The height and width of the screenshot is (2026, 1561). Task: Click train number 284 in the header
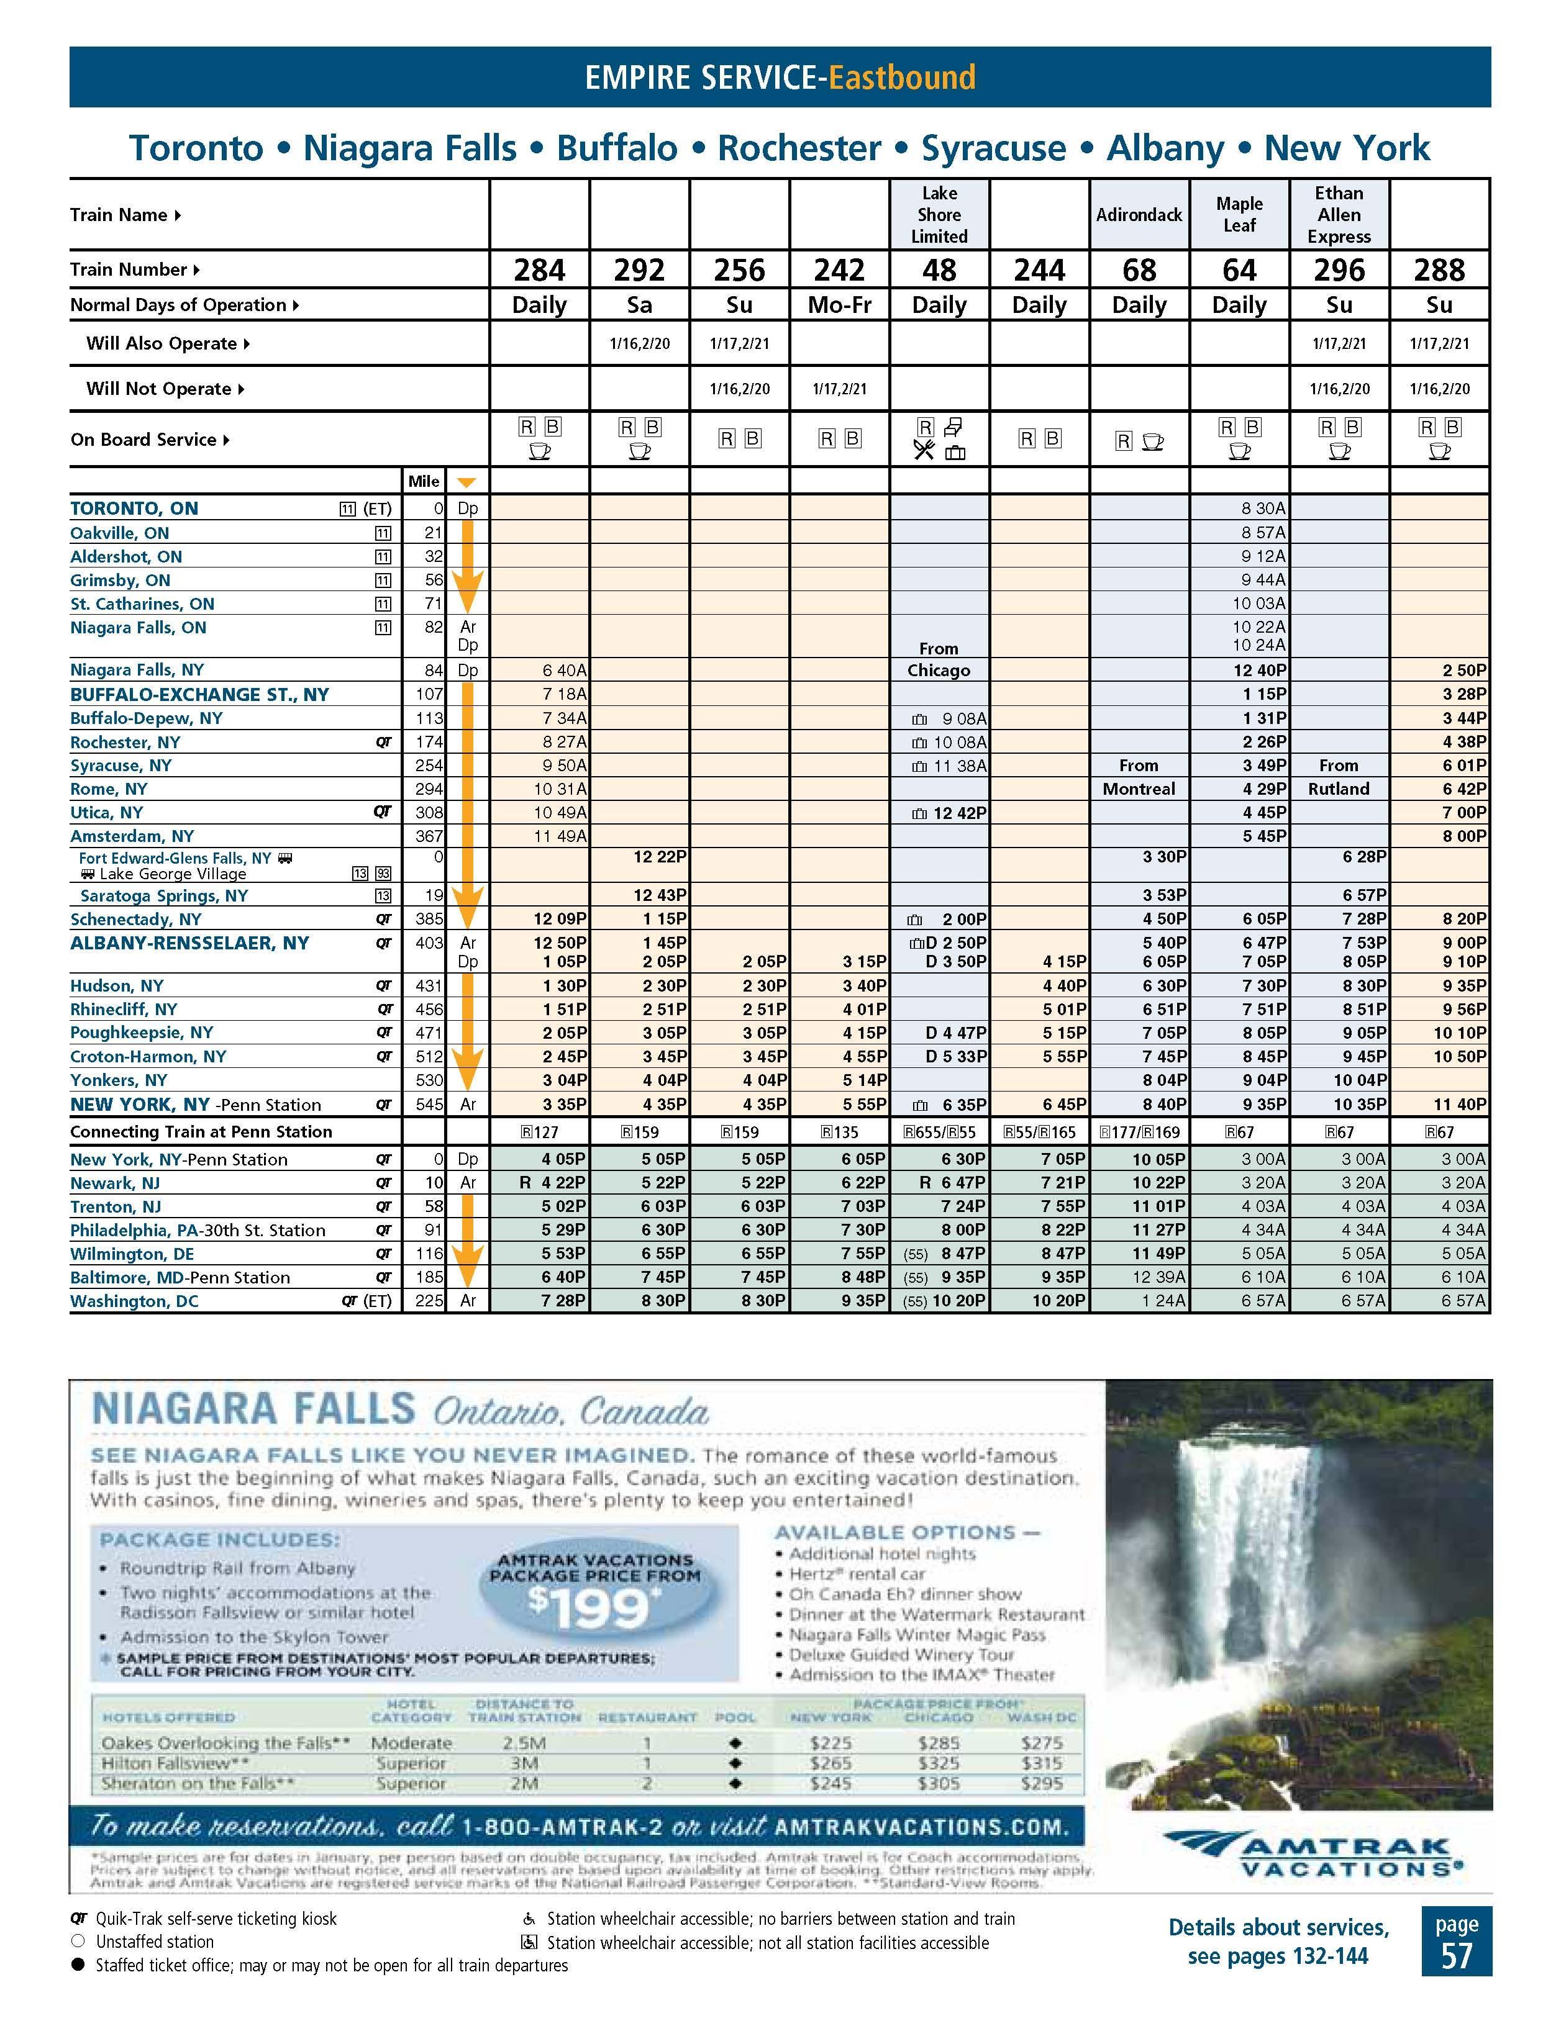(539, 270)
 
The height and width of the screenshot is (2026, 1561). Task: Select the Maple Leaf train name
(1239, 214)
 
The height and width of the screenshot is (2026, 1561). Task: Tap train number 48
(939, 270)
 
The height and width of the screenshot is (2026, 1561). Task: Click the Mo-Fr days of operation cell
(839, 305)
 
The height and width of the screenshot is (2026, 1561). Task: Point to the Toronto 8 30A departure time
(1263, 509)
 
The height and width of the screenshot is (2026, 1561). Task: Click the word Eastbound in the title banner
(902, 77)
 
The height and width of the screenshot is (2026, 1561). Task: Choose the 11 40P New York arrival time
(1460, 1105)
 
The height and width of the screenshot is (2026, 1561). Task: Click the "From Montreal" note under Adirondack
(1139, 777)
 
